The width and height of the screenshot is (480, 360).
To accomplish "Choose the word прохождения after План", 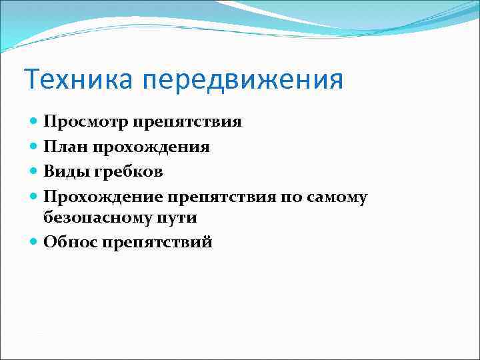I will pyautogui.click(x=153, y=147).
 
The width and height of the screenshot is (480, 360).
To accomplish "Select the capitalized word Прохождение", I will pyautogui.click(x=103, y=196).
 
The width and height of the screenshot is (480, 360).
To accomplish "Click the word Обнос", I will pyautogui.click(x=70, y=242).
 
